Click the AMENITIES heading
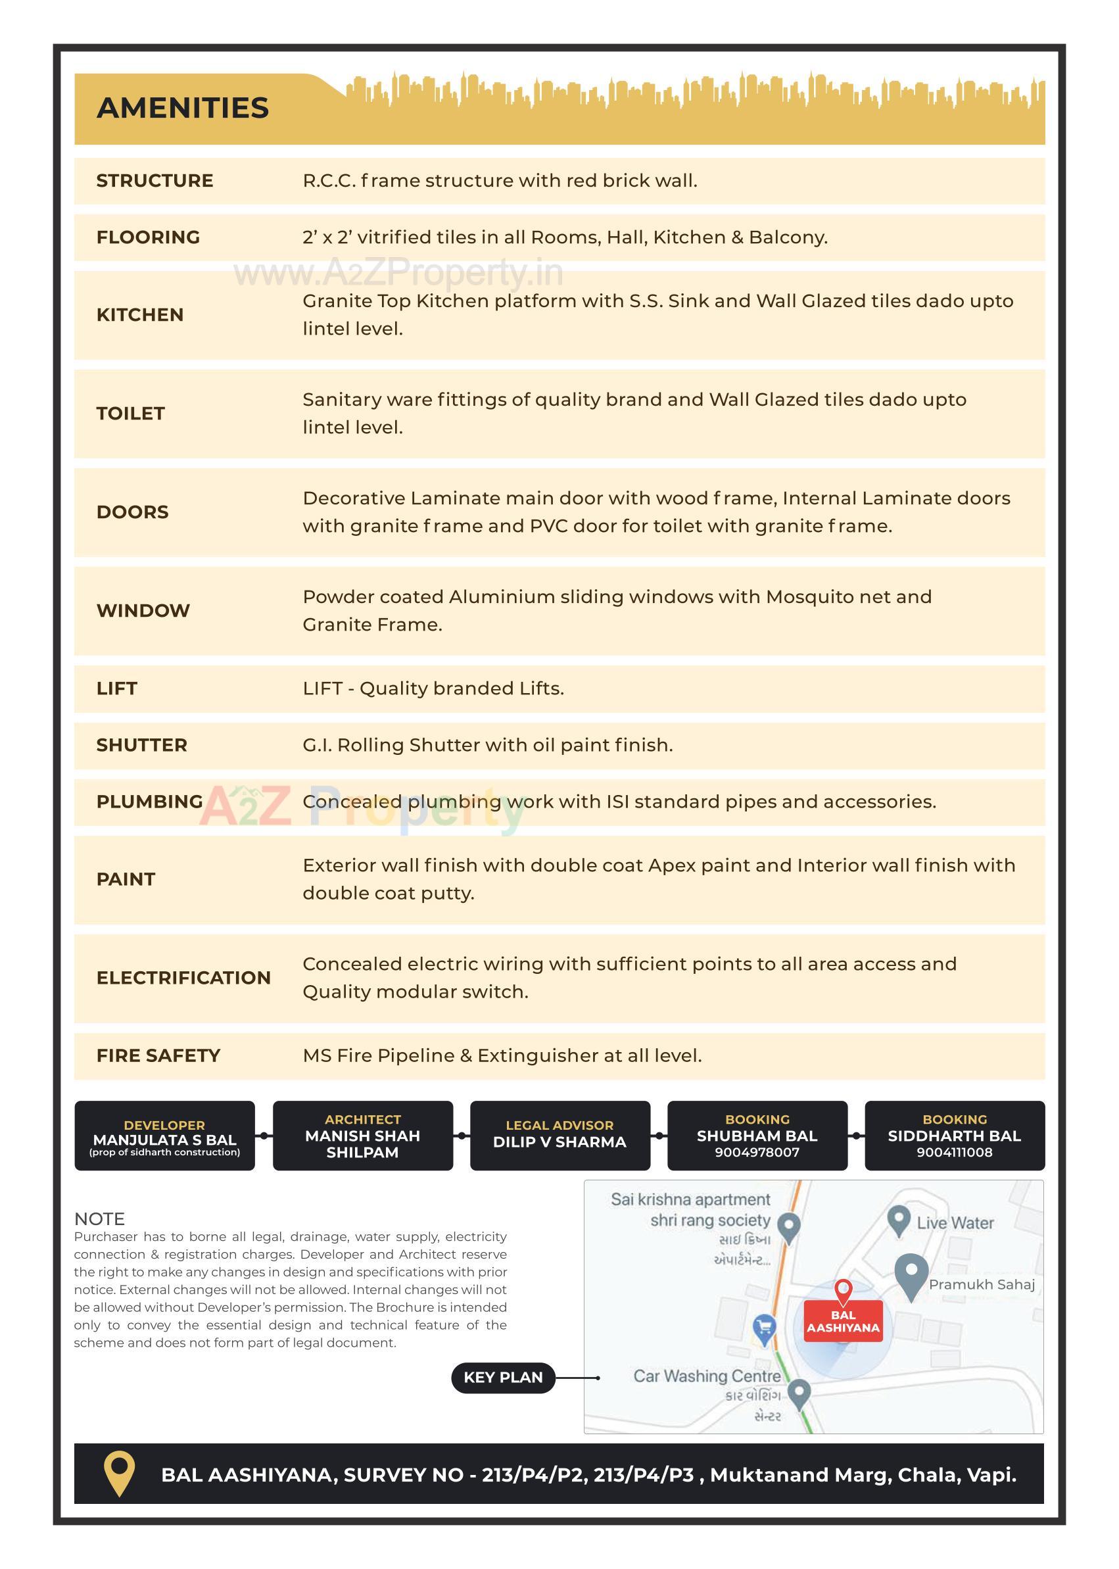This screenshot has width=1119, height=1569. point(183,109)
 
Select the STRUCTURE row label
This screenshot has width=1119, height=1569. point(155,181)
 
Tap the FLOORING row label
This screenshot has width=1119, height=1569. point(148,237)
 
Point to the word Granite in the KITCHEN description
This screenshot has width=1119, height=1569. point(337,301)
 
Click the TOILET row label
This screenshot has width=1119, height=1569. point(131,414)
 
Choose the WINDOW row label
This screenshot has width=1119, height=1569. point(143,610)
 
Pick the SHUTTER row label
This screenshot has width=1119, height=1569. point(142,745)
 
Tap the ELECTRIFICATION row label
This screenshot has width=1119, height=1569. point(183,978)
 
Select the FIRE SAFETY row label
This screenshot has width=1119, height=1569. point(158,1055)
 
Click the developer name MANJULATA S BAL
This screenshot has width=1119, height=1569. point(164,1140)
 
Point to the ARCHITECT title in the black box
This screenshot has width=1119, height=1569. point(362,1120)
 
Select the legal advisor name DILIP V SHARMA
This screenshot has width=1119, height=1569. point(559,1142)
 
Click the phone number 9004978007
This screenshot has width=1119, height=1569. point(757,1152)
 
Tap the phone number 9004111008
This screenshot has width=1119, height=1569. point(955,1152)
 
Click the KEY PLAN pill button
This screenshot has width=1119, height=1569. point(503,1378)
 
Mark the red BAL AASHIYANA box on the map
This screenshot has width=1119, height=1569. point(844,1321)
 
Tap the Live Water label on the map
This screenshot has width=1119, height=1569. point(955,1223)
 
